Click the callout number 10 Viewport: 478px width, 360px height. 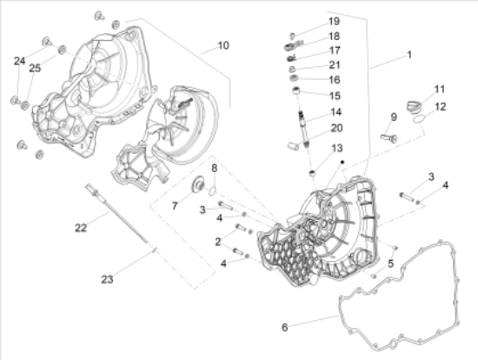(223, 44)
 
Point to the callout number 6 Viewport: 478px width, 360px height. (283, 327)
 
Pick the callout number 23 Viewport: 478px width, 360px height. (106, 279)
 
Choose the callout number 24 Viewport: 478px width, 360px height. (19, 61)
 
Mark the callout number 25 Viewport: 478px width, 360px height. (35, 68)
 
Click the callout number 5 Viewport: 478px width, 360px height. (391, 263)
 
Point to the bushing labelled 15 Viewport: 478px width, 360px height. (297, 93)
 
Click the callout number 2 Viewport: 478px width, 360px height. (218, 241)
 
